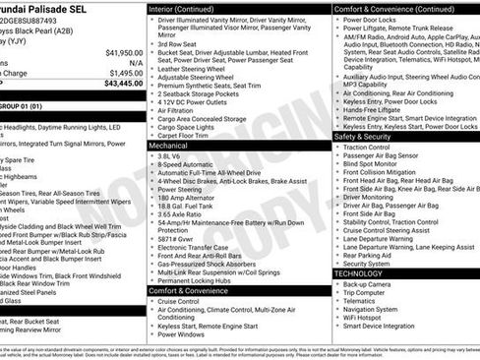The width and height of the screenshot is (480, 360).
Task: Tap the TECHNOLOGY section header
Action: click(x=361, y=272)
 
